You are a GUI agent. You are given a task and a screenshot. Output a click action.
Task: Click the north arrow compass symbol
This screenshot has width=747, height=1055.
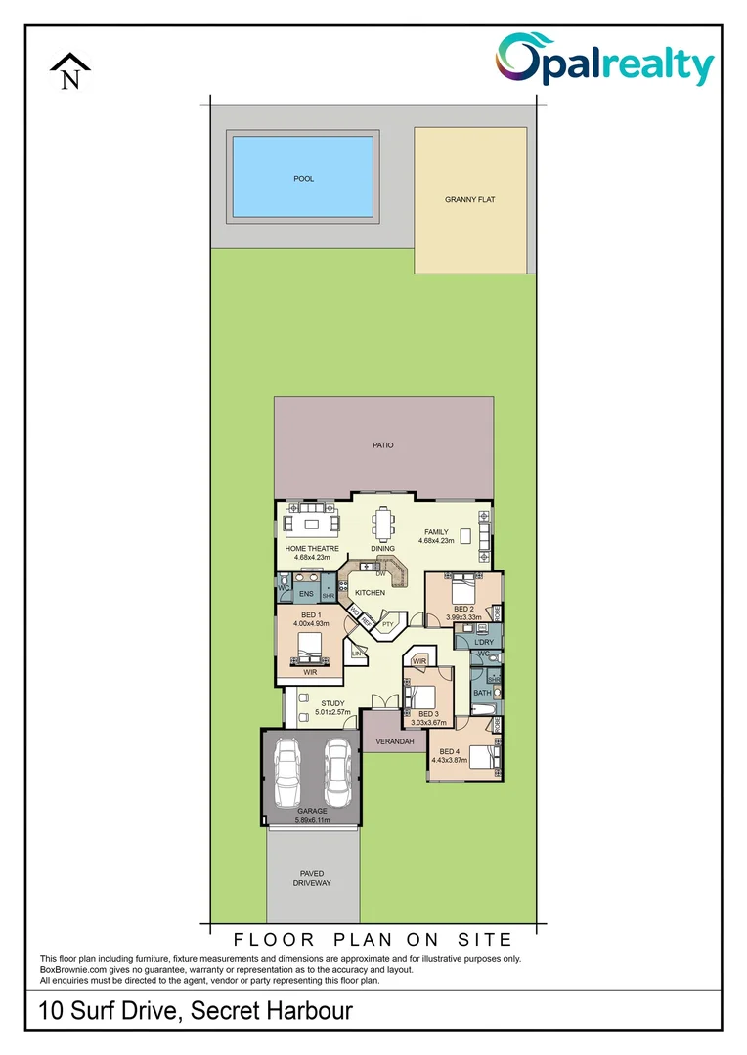pyautogui.click(x=70, y=72)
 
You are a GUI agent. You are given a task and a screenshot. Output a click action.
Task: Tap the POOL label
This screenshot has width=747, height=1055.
pyautogui.click(x=304, y=179)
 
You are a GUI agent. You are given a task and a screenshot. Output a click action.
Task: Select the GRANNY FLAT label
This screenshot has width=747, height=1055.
pyautogui.click(x=470, y=199)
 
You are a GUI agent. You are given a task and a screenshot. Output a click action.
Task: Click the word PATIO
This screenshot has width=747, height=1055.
pyautogui.click(x=382, y=445)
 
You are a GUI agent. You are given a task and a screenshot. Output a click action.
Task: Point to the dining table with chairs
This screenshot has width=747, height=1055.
pyautogui.click(x=383, y=525)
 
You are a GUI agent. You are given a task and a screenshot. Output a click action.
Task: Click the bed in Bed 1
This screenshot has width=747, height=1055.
pyautogui.click(x=310, y=648)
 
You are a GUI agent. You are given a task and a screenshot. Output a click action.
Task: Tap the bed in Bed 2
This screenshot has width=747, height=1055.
pyautogui.click(x=461, y=591)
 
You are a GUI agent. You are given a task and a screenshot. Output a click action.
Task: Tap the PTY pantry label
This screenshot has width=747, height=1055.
pyautogui.click(x=387, y=624)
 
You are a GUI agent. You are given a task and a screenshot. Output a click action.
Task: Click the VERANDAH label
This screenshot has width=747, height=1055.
pyautogui.click(x=395, y=742)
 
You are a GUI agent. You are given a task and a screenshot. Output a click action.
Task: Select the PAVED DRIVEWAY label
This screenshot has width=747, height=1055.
pyautogui.click(x=312, y=877)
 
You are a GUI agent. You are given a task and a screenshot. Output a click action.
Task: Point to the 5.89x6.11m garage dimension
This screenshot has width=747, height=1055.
pyautogui.click(x=313, y=820)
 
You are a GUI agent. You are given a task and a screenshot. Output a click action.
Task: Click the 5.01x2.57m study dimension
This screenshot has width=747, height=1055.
pyautogui.click(x=332, y=712)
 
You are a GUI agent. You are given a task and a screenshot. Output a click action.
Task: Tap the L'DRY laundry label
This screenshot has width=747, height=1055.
pyautogui.click(x=484, y=642)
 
